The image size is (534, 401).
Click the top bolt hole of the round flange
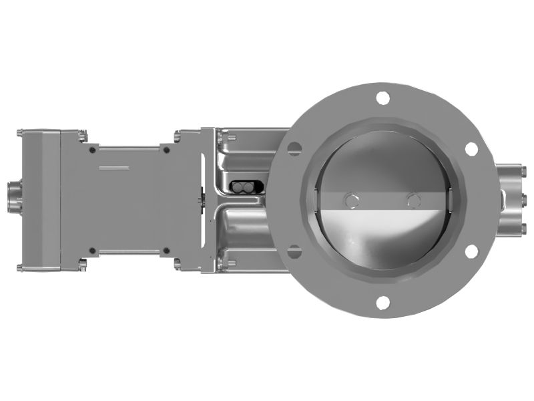click(x=382, y=98)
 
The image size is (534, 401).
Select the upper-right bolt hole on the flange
click(x=471, y=148)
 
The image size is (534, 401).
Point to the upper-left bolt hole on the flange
click(x=293, y=148)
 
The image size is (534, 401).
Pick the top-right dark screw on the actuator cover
click(x=166, y=149)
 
